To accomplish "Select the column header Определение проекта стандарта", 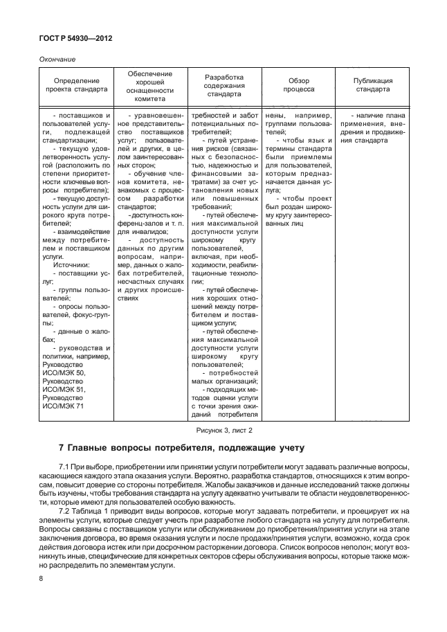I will (77, 85).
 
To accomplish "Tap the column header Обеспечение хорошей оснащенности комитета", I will (151, 86).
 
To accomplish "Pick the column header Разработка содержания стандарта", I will (224, 86).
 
